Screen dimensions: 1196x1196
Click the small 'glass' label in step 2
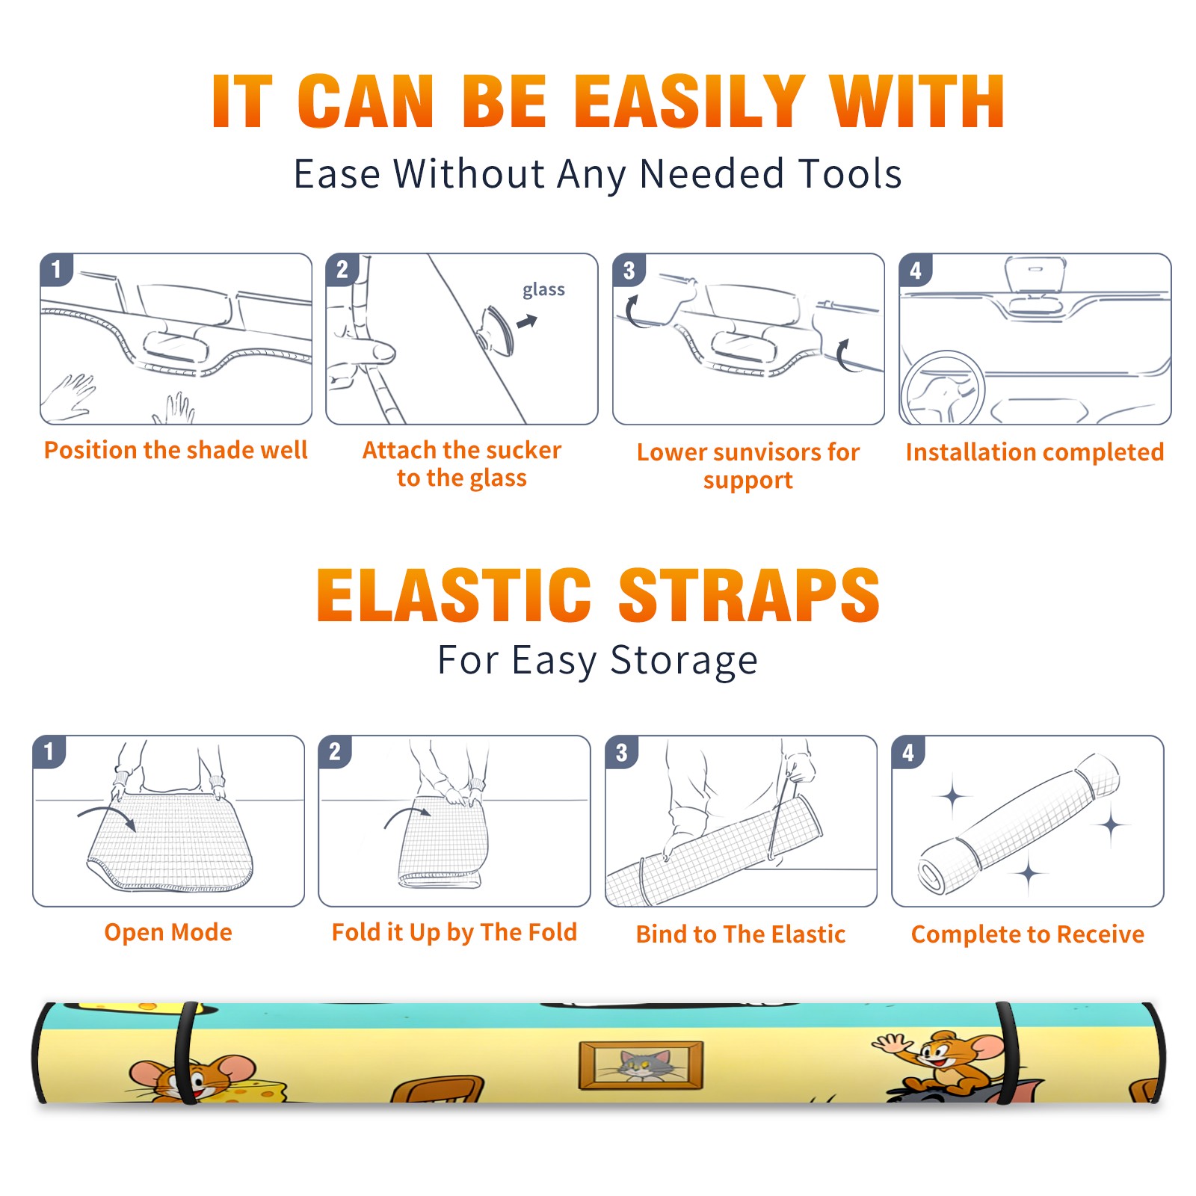pyautogui.click(x=543, y=290)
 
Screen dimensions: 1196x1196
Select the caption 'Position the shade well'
pyautogui.click(x=176, y=450)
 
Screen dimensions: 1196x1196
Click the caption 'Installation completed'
pyautogui.click(x=1035, y=452)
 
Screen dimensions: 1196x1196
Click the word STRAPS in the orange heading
pyautogui.click(x=749, y=595)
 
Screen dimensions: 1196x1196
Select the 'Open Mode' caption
pyautogui.click(x=168, y=932)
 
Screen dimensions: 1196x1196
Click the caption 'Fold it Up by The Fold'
pyautogui.click(x=454, y=933)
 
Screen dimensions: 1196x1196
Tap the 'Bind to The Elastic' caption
pyautogui.click(x=741, y=934)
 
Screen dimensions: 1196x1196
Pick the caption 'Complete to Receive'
pyautogui.click(x=1028, y=934)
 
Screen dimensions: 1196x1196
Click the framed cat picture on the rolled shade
pyautogui.click(x=641, y=1064)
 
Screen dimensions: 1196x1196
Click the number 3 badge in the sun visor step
pyautogui.click(x=629, y=271)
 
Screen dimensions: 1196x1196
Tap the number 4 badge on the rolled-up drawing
pyautogui.click(x=908, y=752)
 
